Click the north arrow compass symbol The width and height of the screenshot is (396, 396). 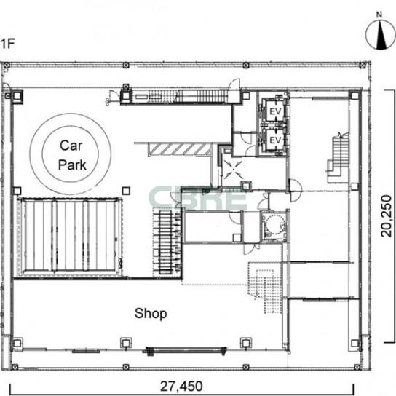[x=380, y=35]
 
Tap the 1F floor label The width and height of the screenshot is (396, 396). [x=7, y=44]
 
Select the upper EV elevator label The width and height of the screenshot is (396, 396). [x=275, y=111]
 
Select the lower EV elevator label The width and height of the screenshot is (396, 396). [x=275, y=140]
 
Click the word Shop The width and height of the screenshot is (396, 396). [x=151, y=314]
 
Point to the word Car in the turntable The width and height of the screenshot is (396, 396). [x=71, y=146]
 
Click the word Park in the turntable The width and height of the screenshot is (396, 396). [x=72, y=165]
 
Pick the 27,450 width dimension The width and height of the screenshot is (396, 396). [x=181, y=386]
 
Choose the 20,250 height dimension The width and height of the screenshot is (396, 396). [x=386, y=216]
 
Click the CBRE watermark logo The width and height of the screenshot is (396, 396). [x=198, y=199]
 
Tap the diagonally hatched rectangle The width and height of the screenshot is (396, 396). [x=180, y=149]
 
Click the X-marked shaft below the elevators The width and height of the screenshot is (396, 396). [x=233, y=170]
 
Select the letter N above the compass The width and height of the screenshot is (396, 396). [x=379, y=15]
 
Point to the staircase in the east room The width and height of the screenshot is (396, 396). [x=338, y=158]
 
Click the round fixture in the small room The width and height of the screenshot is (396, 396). [x=274, y=225]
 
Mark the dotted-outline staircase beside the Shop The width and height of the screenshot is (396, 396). [x=265, y=288]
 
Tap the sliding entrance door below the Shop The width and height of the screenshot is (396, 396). [x=184, y=350]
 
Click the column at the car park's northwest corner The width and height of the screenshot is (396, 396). [x=17, y=96]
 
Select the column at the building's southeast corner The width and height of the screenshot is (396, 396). [x=355, y=343]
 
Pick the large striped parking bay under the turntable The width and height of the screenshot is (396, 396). [x=69, y=237]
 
